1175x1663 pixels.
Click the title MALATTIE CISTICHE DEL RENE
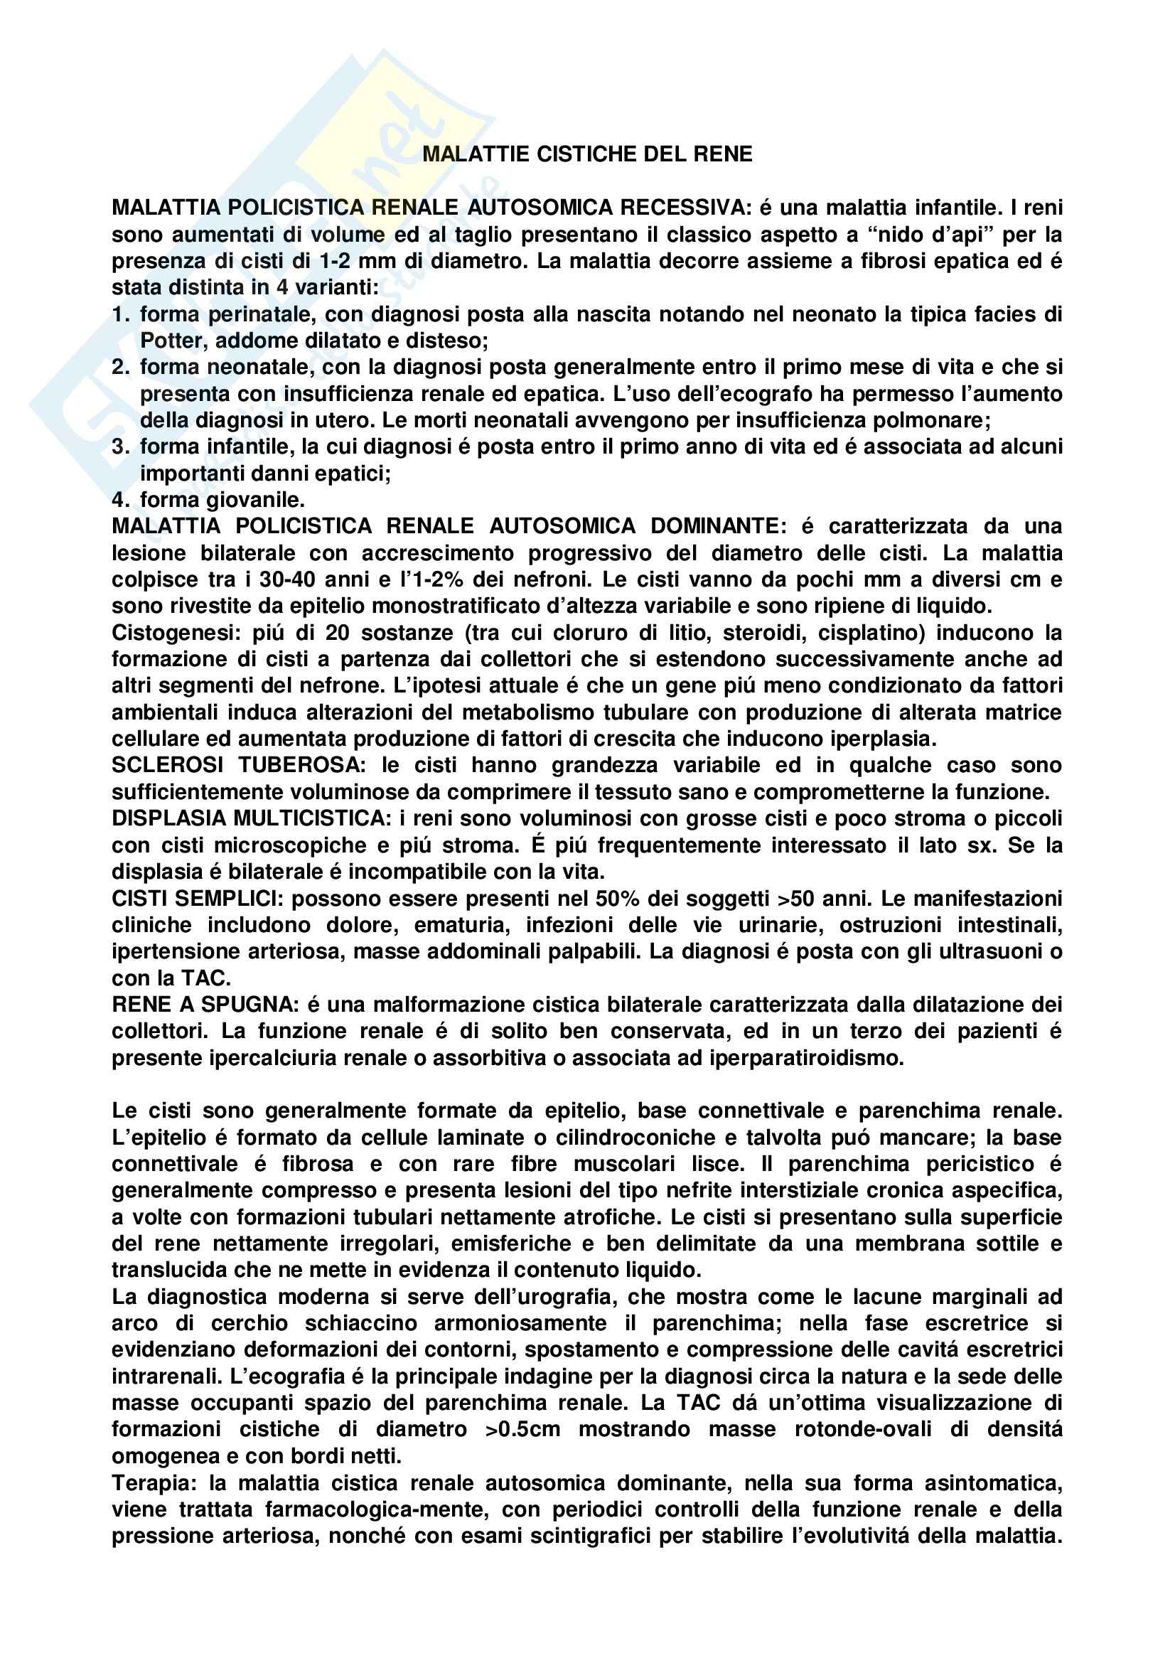[x=587, y=154]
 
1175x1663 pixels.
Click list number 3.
[x=120, y=447]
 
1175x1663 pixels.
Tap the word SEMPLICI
[x=232, y=898]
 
